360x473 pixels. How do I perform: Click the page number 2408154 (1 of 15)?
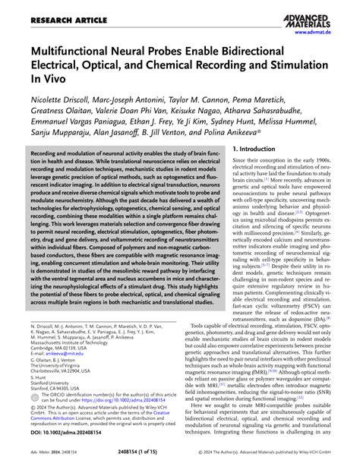pyautogui.click(x=180, y=465)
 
